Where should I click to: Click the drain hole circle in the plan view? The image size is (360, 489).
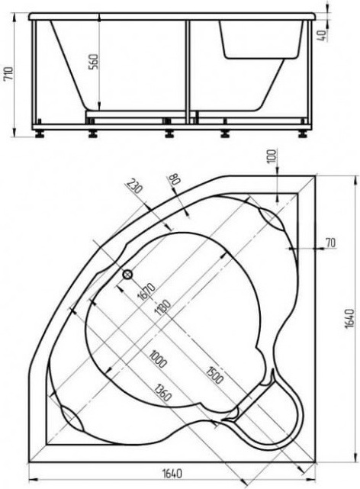point(127,275)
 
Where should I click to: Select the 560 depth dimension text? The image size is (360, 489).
point(94,62)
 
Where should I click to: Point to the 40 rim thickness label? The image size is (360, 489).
point(323,35)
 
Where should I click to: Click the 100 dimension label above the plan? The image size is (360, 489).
point(272,156)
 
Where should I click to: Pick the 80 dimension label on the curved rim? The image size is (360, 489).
point(173,180)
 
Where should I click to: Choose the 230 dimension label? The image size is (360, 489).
point(134,185)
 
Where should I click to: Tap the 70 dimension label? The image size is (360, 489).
point(330,243)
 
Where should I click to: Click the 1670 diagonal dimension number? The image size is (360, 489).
point(146,291)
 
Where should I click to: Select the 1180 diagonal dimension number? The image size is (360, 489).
point(162,308)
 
